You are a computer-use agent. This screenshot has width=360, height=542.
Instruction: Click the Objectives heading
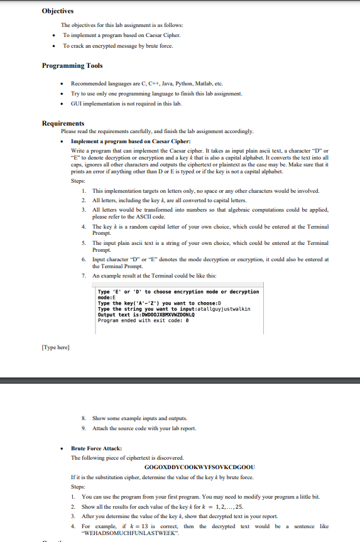58,11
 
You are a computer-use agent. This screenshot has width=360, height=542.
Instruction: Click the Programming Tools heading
72,65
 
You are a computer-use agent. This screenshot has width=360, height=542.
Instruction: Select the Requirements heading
63,124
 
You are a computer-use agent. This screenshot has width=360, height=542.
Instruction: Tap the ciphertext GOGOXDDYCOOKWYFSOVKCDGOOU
199,467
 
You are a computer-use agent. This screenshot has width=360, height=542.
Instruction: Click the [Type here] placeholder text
55,347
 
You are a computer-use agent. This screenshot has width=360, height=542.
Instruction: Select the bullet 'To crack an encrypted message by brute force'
117,46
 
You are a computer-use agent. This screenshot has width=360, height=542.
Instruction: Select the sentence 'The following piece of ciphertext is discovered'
128,458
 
